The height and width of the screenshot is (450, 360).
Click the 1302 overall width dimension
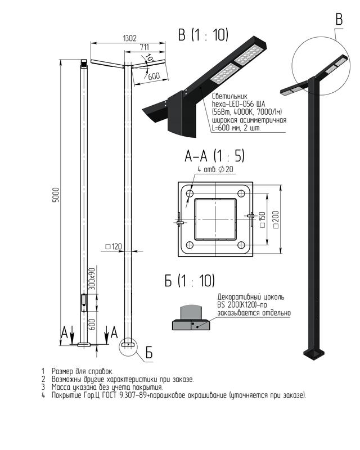coord(129,38)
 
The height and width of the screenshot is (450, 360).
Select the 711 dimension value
coord(145,47)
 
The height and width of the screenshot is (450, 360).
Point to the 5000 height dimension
coord(56,195)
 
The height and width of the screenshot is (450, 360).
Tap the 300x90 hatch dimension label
coord(92,278)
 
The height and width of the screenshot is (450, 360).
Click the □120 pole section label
coord(114,246)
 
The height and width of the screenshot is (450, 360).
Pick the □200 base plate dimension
coord(276,219)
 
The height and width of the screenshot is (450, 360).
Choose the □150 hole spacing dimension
coord(262,220)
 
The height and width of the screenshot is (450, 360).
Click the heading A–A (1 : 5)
coord(214,156)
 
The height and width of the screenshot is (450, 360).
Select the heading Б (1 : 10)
coord(190,280)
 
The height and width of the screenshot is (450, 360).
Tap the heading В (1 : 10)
coord(203,35)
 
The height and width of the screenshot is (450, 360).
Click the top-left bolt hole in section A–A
coord(190,193)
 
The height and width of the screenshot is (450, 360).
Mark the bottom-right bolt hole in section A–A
coord(241,245)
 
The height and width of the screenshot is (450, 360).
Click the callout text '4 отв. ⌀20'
coord(215,169)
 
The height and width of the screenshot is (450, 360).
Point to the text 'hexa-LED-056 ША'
coord(238,104)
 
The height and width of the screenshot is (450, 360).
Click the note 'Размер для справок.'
coord(82,371)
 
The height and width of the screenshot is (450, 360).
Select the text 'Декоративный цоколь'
coord(251,297)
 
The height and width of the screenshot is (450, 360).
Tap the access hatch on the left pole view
coord(84,303)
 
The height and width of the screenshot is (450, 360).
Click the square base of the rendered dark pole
coord(314,354)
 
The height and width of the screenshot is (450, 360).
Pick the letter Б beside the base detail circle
coord(149,353)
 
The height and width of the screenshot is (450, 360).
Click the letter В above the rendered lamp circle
coord(339,20)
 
